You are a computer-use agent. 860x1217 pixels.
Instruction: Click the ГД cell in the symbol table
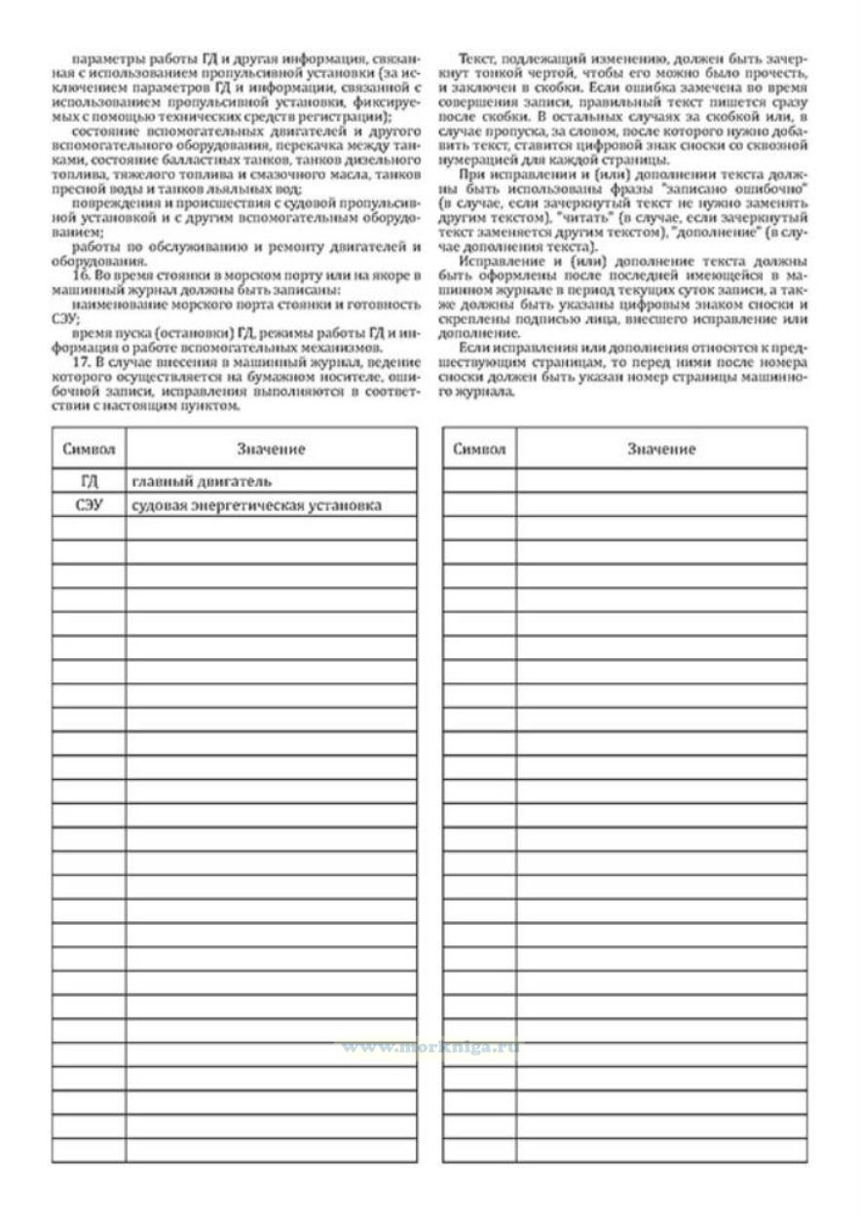pos(89,481)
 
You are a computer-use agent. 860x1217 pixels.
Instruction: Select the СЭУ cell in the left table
pos(89,505)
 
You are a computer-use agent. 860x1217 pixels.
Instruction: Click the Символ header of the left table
pos(89,449)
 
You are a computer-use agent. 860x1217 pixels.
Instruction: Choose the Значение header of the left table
pos(271,449)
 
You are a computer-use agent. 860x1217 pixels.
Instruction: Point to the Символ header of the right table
pos(479,449)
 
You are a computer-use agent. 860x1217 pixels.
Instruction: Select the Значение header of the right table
pos(661,449)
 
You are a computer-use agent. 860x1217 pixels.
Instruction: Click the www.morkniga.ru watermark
pos(430,1047)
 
